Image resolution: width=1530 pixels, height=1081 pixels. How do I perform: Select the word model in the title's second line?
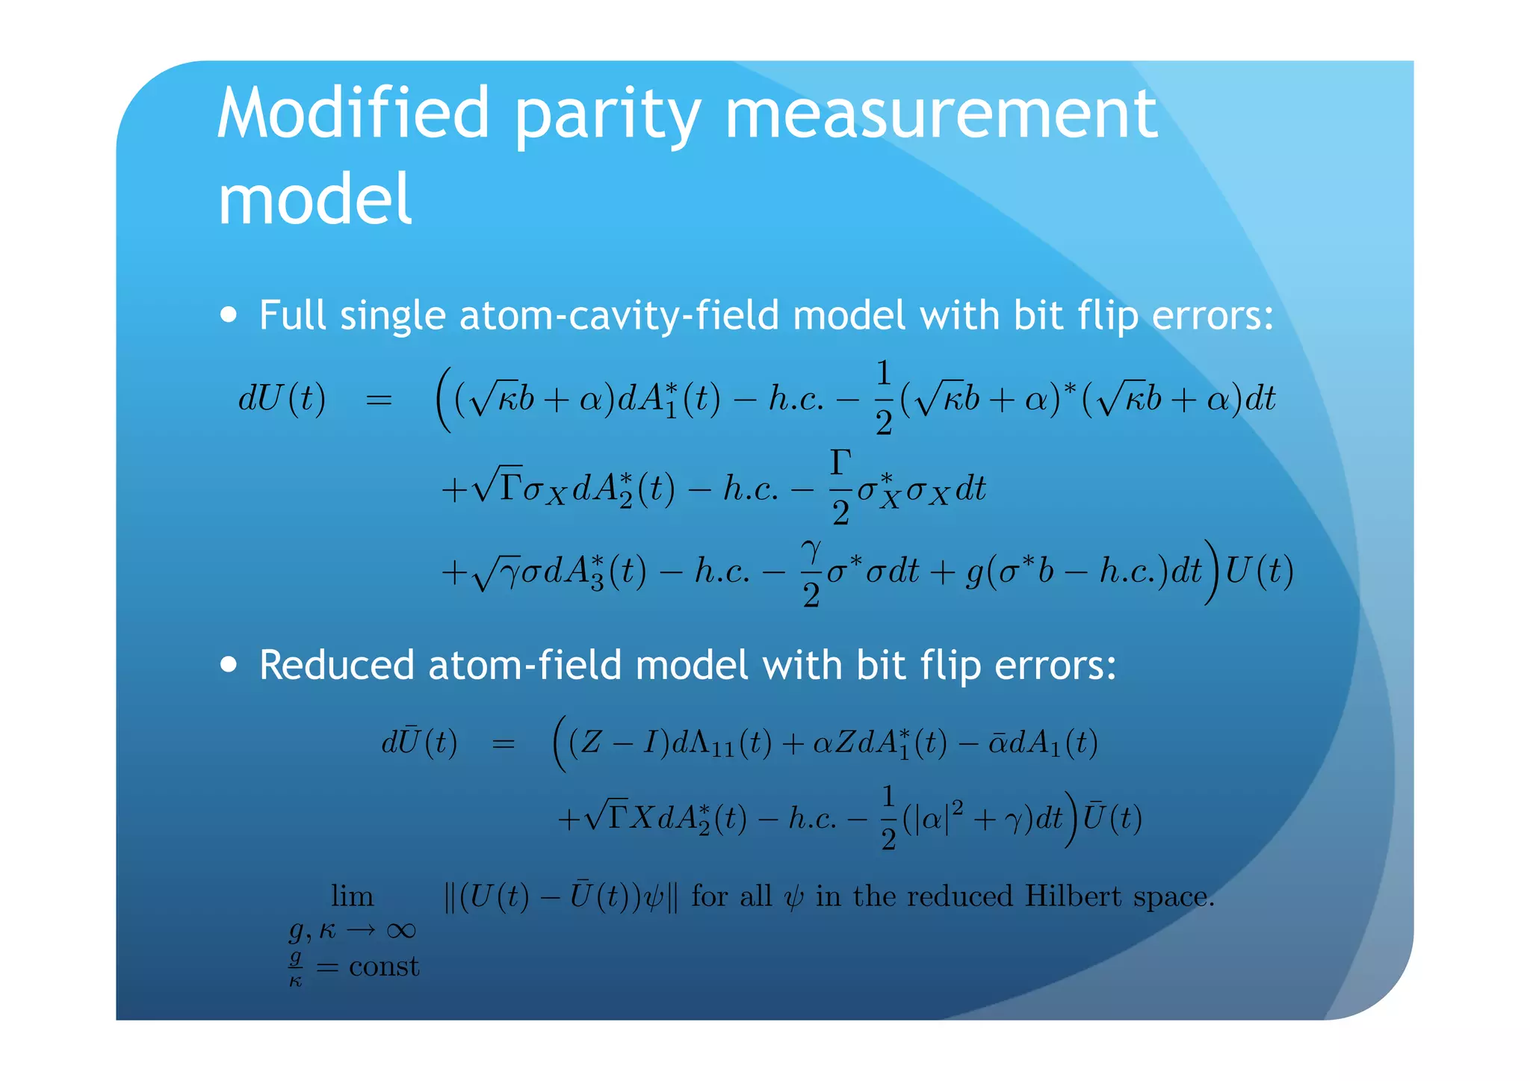[315, 199]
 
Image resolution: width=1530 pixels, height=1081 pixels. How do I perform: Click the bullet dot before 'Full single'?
[229, 315]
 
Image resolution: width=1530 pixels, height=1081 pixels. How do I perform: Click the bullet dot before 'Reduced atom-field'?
[229, 664]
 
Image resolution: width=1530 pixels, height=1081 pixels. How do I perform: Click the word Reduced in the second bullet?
[336, 664]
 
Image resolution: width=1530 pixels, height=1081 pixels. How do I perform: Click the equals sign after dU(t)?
[378, 400]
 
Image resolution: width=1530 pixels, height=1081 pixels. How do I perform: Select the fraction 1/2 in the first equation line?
[883, 397]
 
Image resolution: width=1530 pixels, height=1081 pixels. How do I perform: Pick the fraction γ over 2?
[811, 572]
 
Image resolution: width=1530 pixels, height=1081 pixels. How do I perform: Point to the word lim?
[352, 896]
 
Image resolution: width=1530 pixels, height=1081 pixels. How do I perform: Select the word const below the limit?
[384, 967]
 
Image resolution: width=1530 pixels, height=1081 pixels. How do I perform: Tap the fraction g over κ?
[296, 968]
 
